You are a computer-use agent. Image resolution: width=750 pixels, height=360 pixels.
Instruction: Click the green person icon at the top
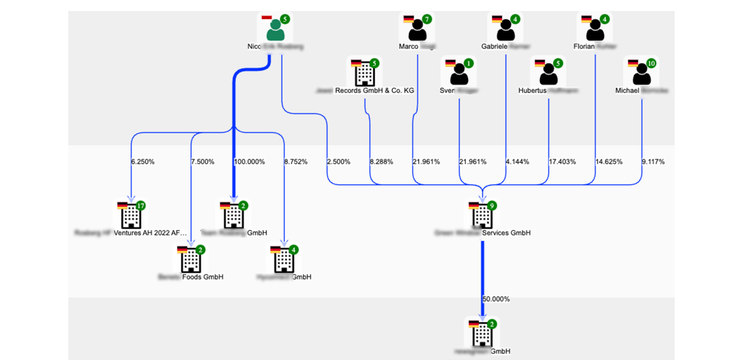(x=275, y=30)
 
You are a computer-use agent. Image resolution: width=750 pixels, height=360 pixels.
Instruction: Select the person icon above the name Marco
(x=417, y=30)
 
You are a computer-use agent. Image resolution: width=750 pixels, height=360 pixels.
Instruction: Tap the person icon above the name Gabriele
(x=505, y=30)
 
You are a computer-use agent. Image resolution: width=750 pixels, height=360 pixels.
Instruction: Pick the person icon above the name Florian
(x=595, y=30)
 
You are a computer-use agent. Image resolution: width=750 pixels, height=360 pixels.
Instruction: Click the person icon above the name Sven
(x=459, y=74)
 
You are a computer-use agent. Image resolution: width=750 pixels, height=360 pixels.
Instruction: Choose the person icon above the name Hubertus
(x=548, y=74)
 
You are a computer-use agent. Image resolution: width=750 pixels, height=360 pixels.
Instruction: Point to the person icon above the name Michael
(x=641, y=74)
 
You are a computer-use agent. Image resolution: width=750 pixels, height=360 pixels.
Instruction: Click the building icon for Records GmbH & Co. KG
(x=365, y=74)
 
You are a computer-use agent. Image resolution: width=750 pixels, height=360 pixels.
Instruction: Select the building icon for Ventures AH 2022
(x=131, y=217)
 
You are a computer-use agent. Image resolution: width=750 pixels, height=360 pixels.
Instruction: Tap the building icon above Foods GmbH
(x=191, y=261)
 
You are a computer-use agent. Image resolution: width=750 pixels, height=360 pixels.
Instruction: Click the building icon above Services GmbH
(x=482, y=217)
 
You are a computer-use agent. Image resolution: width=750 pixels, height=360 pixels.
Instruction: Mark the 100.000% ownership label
(x=249, y=162)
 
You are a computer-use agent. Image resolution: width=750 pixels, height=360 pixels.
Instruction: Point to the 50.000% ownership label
(x=496, y=299)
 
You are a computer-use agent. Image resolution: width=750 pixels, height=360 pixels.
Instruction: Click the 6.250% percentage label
(x=143, y=162)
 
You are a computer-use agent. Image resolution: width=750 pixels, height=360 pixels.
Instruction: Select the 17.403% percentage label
(x=562, y=162)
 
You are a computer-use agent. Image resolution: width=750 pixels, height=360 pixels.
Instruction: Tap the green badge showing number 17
(x=141, y=206)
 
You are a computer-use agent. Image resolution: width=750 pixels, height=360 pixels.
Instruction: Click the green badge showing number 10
(x=651, y=63)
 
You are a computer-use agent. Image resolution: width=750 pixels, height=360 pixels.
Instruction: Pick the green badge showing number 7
(x=427, y=19)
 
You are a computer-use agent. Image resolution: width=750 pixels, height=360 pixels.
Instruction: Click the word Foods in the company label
(x=192, y=277)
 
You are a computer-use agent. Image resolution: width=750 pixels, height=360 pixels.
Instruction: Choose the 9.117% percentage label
(x=653, y=162)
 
